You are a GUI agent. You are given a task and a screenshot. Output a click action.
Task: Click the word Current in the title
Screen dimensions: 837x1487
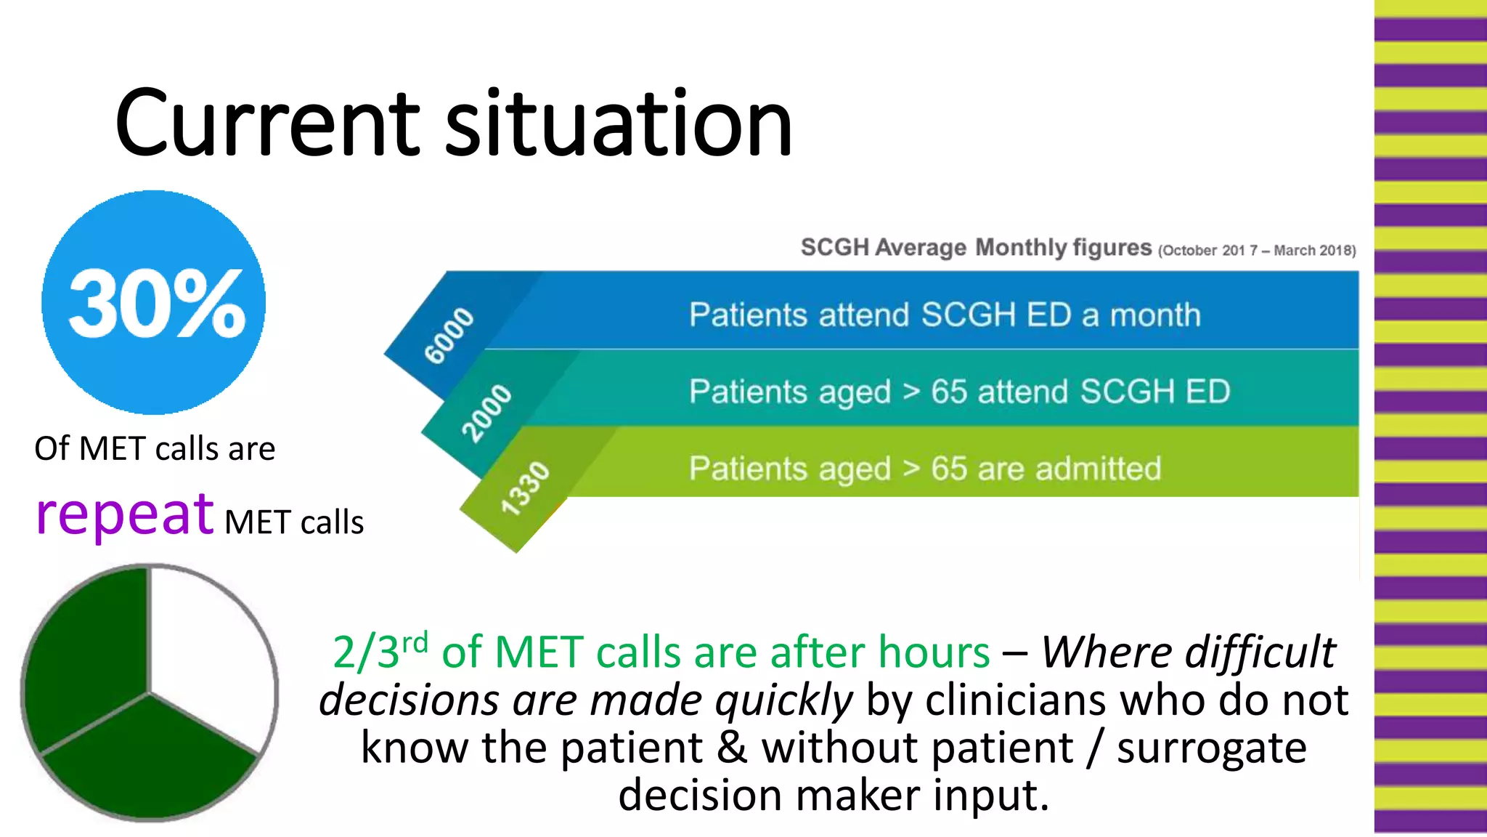click(x=266, y=124)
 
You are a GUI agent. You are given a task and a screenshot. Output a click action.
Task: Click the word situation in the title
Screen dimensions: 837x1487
click(x=618, y=124)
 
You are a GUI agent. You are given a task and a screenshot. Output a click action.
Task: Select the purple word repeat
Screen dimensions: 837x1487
click(x=124, y=515)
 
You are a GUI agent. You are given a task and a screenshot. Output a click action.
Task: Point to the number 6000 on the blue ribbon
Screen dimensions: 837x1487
click(x=449, y=335)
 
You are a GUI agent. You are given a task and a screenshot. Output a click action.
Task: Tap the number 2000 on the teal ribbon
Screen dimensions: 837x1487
click(x=487, y=413)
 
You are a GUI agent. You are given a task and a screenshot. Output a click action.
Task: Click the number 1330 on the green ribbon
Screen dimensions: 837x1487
click(x=526, y=488)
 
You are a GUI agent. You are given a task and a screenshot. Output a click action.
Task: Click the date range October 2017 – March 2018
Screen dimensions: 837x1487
click(x=1257, y=251)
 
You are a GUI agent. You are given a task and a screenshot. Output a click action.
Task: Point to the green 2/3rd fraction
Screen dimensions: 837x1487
click(x=380, y=650)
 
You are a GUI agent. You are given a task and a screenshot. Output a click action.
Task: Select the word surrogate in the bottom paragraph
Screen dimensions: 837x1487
click(x=1211, y=748)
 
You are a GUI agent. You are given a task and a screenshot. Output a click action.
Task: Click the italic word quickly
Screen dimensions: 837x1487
click(x=783, y=700)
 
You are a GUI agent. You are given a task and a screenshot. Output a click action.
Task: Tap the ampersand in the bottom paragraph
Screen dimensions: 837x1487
click(x=732, y=748)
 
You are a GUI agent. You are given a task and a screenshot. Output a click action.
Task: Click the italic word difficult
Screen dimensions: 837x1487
click(x=1260, y=652)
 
